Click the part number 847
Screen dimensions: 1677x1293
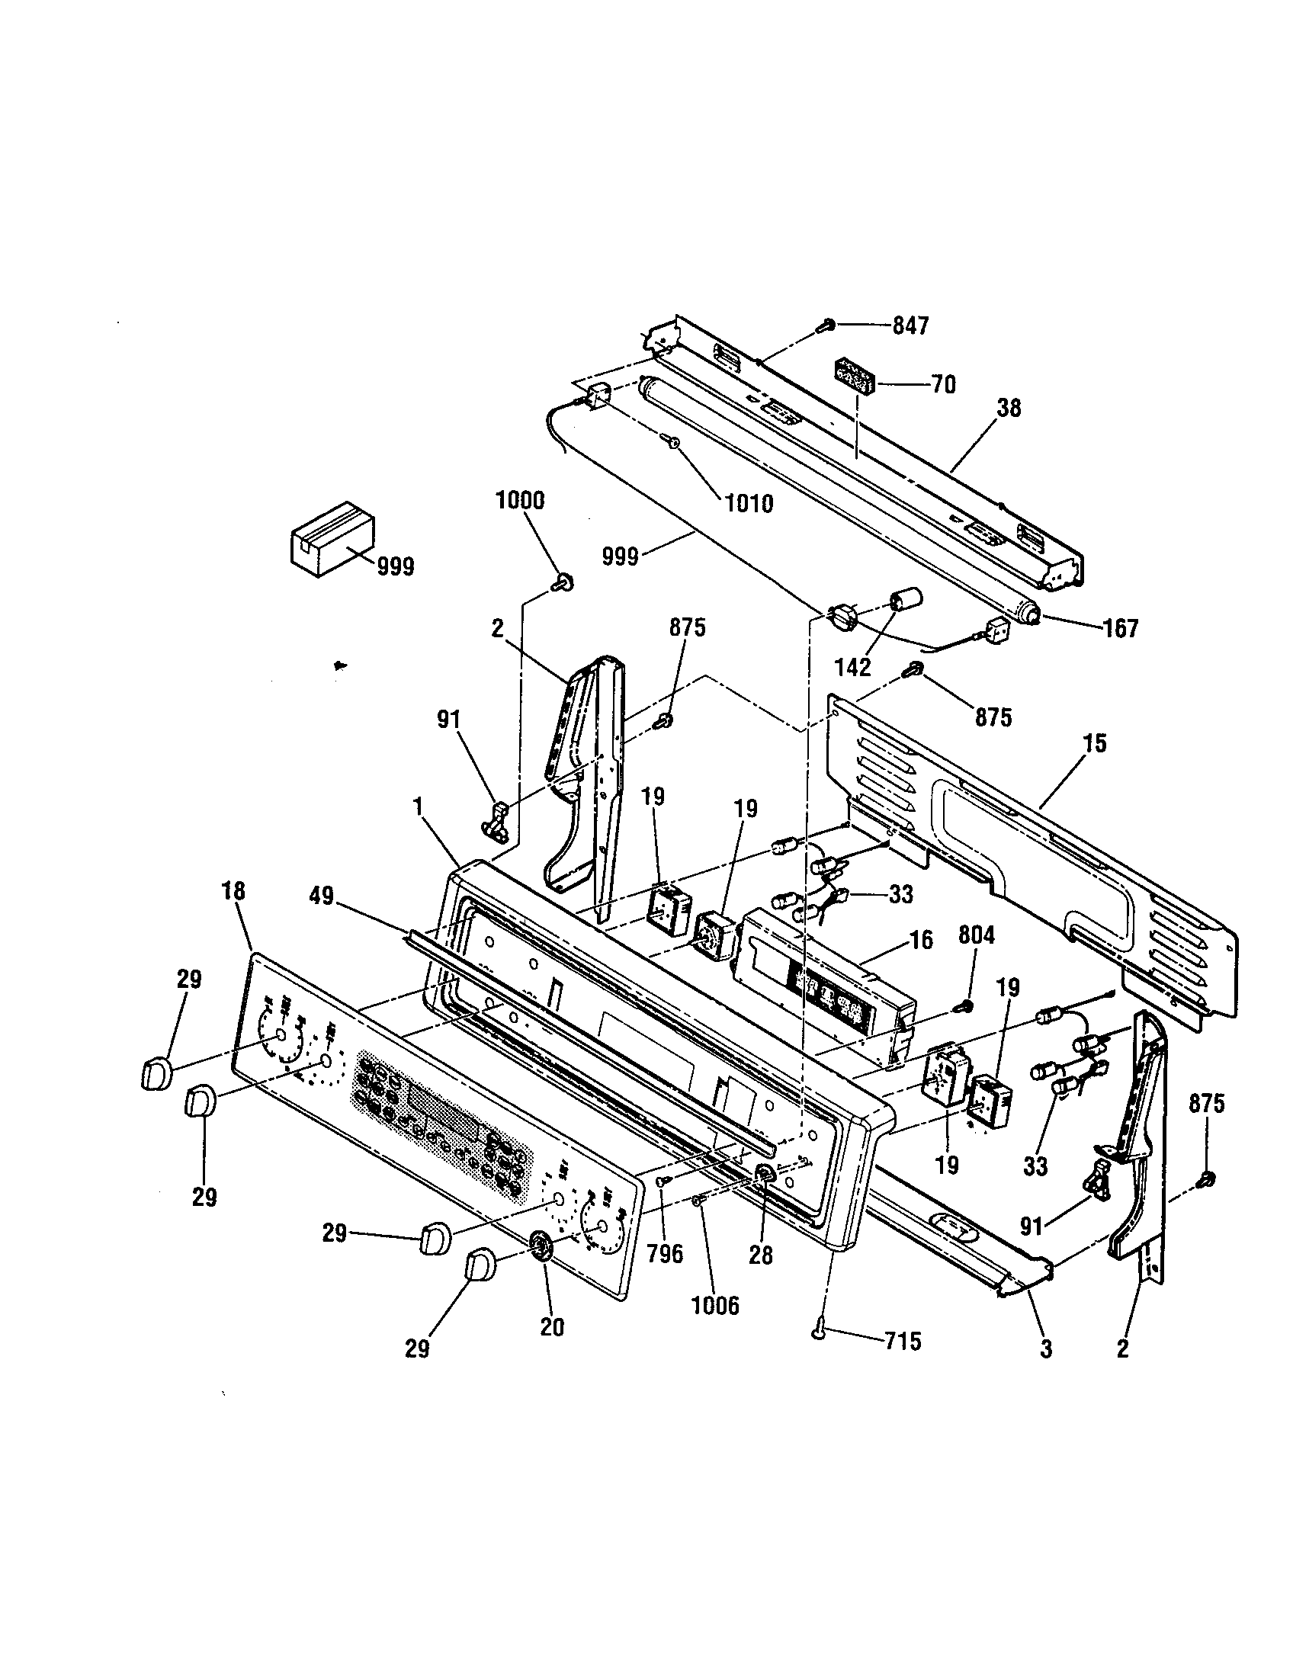(x=910, y=325)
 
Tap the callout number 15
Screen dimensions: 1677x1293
(x=1095, y=743)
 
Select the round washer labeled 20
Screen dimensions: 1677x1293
(x=541, y=1244)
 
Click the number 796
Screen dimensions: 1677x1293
(x=665, y=1254)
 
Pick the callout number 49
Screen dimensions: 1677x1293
(x=322, y=896)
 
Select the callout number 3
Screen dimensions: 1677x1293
(x=1046, y=1348)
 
